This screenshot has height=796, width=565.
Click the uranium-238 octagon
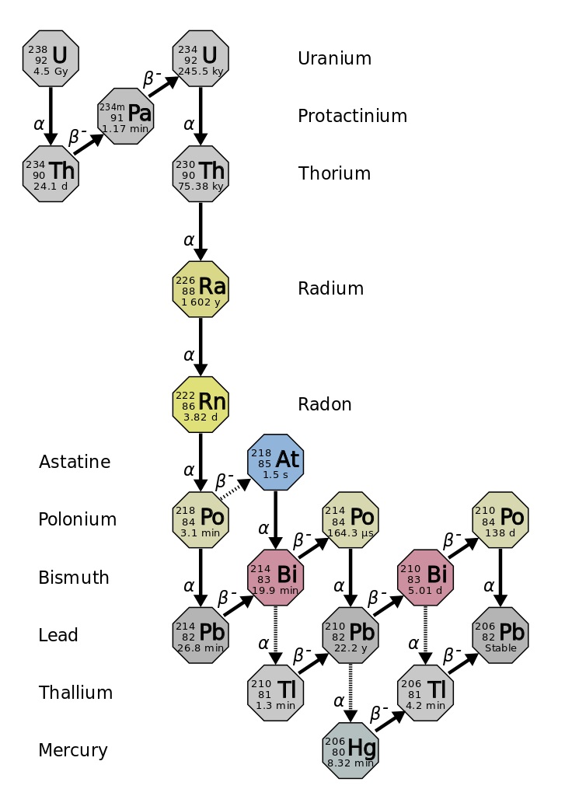tap(51, 58)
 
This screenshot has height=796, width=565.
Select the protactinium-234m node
tap(125, 116)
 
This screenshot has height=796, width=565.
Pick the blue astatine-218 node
tap(275, 462)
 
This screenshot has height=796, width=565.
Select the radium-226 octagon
tap(201, 288)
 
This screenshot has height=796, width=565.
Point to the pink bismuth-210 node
tap(425, 577)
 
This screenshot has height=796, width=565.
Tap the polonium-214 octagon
tap(351, 519)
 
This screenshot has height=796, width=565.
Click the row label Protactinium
tap(352, 116)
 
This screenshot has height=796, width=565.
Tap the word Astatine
tap(75, 462)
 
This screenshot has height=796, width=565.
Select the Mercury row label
tap(73, 750)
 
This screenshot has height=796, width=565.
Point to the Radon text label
tap(324, 404)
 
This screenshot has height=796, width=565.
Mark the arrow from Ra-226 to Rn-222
tap(201, 346)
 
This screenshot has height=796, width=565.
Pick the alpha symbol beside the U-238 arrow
tap(39, 123)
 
